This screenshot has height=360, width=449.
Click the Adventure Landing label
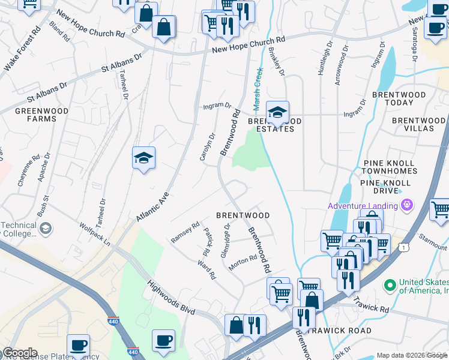coord(362,206)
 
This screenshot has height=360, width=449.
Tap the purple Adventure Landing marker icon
coord(408,205)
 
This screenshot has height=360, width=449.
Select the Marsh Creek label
coord(258,89)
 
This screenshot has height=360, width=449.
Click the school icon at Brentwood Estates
coord(277,112)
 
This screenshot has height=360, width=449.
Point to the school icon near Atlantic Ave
coord(143,158)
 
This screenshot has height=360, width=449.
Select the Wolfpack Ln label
coord(95,234)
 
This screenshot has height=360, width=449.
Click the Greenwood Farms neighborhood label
coord(36,115)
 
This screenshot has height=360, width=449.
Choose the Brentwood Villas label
coord(413,125)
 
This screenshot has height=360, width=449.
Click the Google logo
coord(20,353)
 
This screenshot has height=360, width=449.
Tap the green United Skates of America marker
coord(390,283)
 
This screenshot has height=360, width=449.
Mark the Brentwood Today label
coord(399,98)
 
